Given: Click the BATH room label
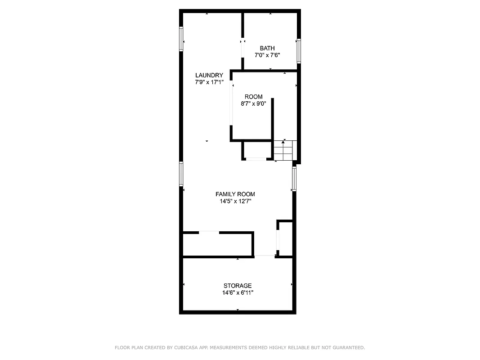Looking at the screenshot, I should tap(267, 48).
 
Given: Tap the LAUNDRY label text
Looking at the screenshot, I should tap(209, 75).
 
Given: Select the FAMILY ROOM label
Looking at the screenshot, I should tap(235, 194).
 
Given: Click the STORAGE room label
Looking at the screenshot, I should tap(238, 286).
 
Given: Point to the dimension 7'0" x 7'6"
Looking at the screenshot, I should tap(267, 55).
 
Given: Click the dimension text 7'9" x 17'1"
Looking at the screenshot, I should tap(209, 82).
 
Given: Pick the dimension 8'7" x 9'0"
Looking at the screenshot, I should tap(254, 103).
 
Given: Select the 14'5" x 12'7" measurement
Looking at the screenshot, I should tap(235, 202).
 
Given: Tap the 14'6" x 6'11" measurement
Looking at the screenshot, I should tap(238, 293).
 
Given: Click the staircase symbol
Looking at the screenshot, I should tap(283, 150).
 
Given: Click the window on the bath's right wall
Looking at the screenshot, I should tap(298, 50).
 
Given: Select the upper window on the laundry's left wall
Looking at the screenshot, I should tap(181, 39).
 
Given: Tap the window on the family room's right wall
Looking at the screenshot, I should tap(294, 179).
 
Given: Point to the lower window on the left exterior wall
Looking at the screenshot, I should tap(181, 174).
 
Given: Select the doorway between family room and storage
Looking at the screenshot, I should tap(265, 256).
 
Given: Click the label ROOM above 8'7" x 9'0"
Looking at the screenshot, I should tap(254, 97).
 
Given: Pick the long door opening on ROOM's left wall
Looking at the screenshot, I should tap(231, 103).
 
